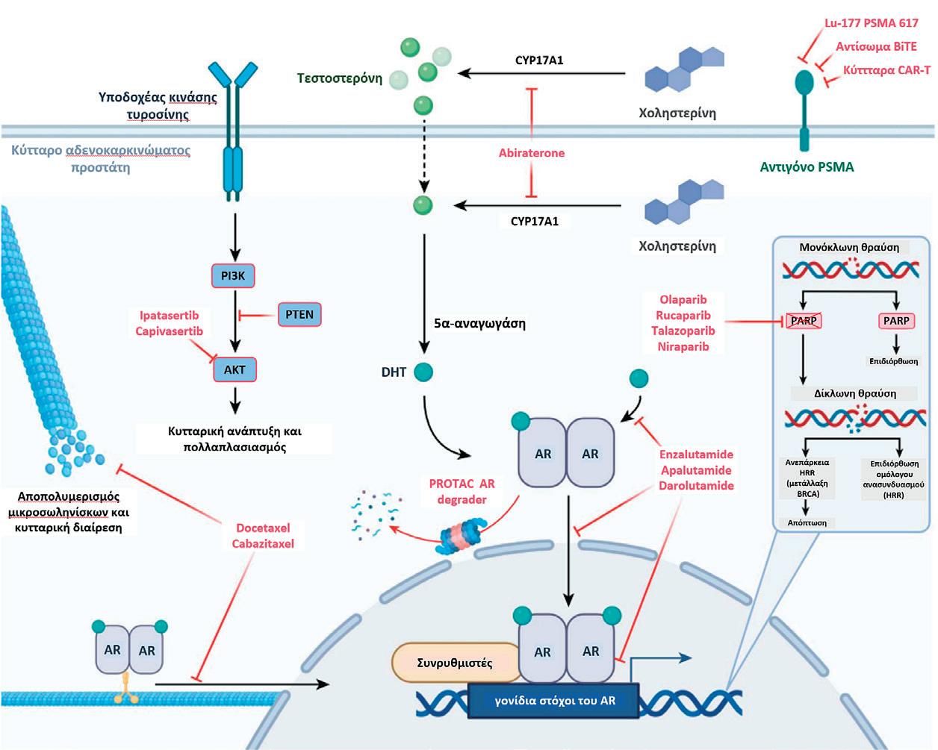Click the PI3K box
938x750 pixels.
[x=233, y=276]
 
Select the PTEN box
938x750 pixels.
[x=299, y=314]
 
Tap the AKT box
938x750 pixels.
[x=234, y=369]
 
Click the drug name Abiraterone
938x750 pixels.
[x=532, y=153]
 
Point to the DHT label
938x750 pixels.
[x=394, y=372]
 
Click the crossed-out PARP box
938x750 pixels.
[x=804, y=321]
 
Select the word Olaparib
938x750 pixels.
[x=683, y=300]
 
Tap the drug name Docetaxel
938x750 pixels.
[x=263, y=528]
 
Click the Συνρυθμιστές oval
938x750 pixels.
[x=455, y=663]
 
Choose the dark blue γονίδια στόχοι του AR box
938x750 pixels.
[x=554, y=701]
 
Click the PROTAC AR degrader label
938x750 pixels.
[x=462, y=492]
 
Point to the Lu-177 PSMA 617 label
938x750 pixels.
[x=871, y=23]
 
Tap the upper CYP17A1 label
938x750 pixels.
[x=539, y=60]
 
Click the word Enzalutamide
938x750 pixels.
[x=696, y=454]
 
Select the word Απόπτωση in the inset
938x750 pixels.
[x=807, y=522]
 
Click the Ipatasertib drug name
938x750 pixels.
[x=169, y=316]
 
